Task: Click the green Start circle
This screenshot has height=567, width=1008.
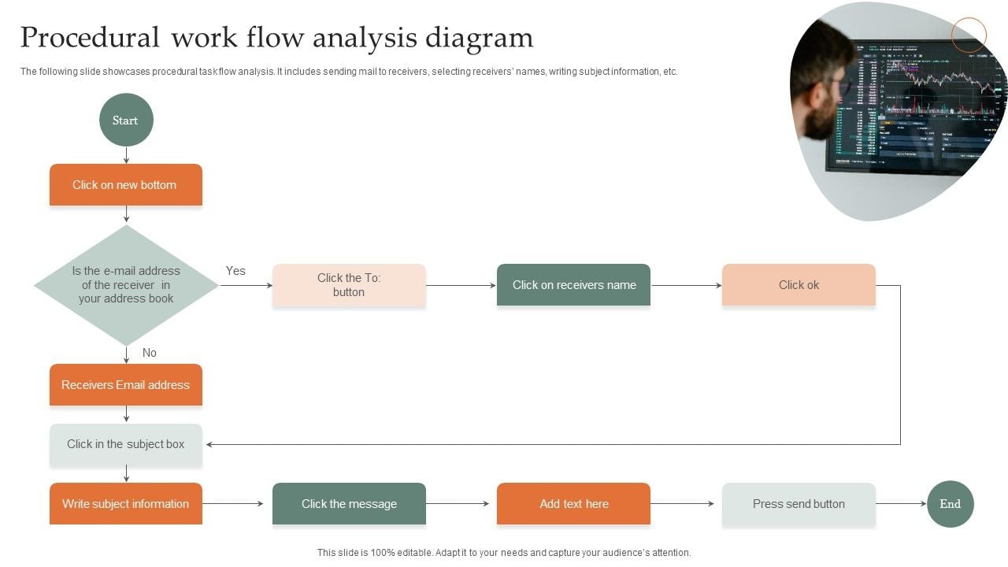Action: (x=126, y=120)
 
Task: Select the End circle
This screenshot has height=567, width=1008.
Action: (x=950, y=504)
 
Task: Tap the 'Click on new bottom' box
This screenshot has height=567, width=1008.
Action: (x=126, y=185)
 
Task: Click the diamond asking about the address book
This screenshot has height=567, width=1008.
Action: (x=126, y=285)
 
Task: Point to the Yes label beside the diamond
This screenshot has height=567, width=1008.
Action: (x=235, y=271)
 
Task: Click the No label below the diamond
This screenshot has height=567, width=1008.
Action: (x=150, y=353)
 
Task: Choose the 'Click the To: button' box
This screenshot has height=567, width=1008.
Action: (x=349, y=285)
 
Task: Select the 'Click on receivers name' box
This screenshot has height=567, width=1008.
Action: (x=573, y=285)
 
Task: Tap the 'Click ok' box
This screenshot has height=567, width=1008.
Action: (x=799, y=285)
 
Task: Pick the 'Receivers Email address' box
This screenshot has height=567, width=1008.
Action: (x=126, y=385)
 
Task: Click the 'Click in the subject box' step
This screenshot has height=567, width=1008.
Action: (x=126, y=444)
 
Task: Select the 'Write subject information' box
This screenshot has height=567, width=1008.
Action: (x=126, y=504)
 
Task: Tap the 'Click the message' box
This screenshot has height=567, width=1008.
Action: (x=349, y=504)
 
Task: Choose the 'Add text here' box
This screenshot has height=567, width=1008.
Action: (x=573, y=504)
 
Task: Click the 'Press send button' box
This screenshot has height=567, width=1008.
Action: (x=799, y=504)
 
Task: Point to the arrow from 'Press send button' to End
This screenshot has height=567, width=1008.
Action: (x=901, y=504)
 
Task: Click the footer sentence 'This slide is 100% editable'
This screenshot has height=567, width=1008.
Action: (x=504, y=553)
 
